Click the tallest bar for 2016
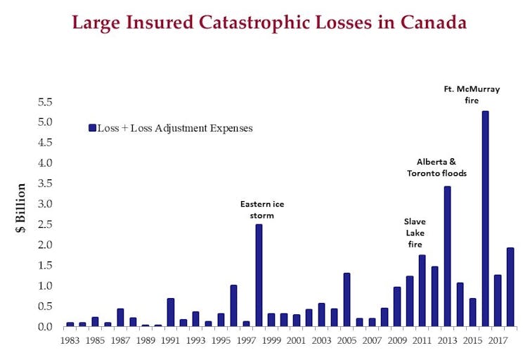click(485, 219)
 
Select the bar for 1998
click(259, 275)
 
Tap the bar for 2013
click(447, 256)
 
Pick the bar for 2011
click(422, 290)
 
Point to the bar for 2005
click(347, 300)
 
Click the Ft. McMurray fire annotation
click(462, 95)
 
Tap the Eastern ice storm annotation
click(262, 210)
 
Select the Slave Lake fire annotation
click(415, 233)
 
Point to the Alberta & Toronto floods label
click(437, 167)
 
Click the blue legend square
click(92, 128)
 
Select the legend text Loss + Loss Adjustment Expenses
click(175, 129)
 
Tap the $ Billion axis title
click(21, 208)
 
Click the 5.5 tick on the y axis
click(44, 102)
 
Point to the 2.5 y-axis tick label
click(44, 224)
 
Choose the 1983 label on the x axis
click(70, 340)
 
